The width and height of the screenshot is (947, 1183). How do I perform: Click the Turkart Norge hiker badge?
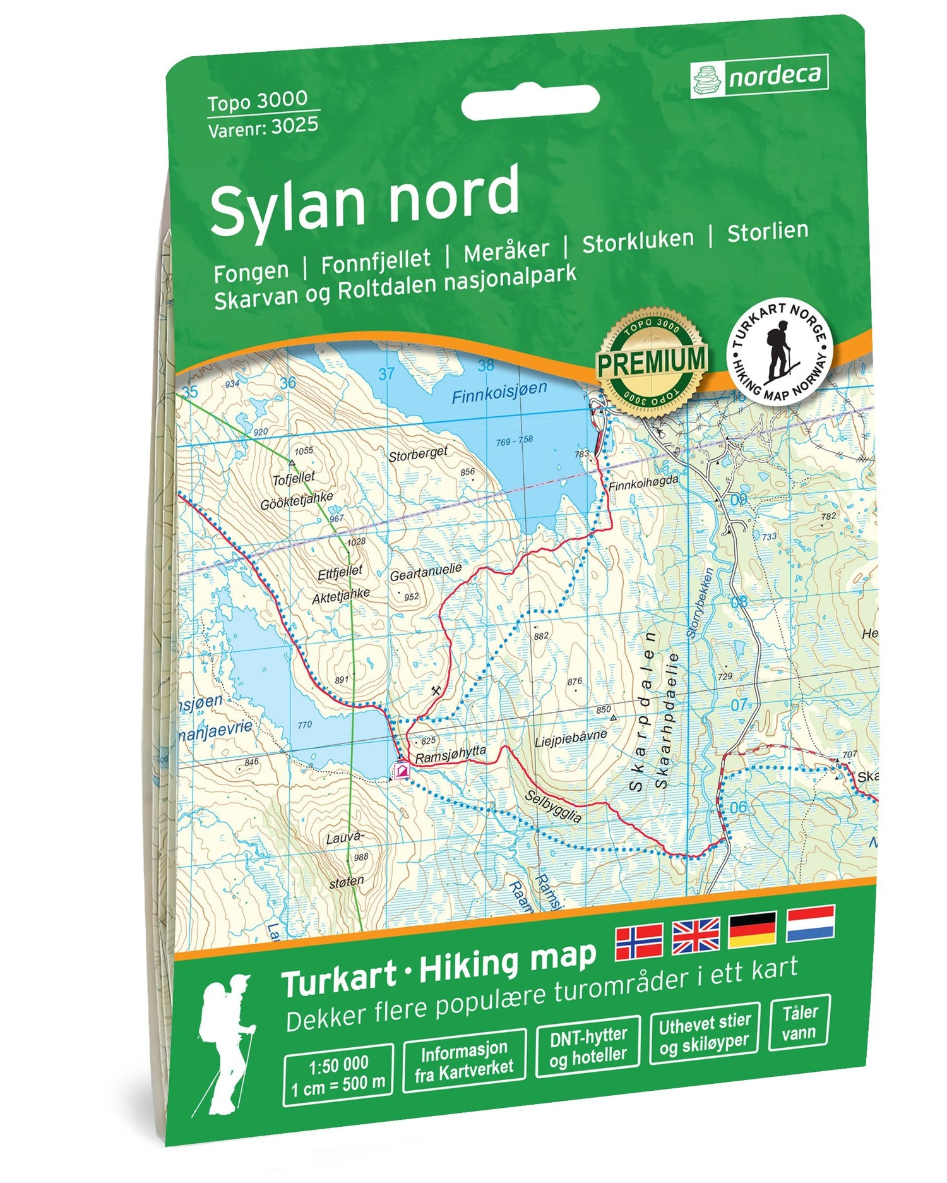[780, 352]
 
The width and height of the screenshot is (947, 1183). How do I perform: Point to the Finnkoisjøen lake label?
[499, 393]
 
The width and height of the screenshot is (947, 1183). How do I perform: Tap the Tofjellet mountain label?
[293, 479]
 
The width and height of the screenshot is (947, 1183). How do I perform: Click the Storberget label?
[418, 453]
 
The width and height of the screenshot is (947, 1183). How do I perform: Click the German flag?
[753, 929]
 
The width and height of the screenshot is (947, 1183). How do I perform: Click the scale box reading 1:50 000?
[338, 1075]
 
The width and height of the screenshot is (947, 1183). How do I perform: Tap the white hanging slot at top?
[530, 104]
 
